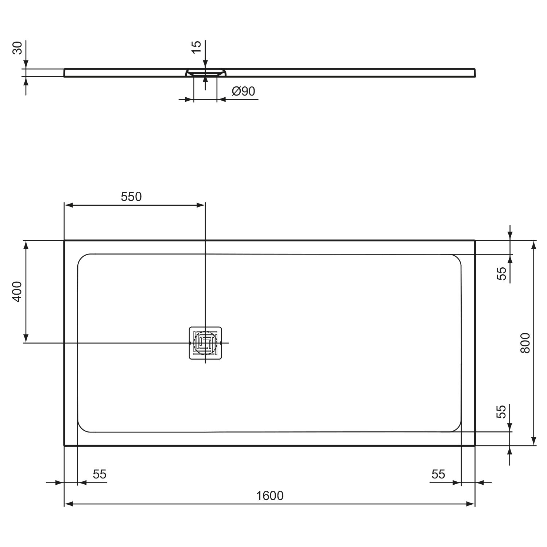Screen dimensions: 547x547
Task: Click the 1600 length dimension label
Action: (x=269, y=496)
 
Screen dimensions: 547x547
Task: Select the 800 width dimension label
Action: (x=525, y=343)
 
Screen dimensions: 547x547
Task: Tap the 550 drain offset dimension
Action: (x=131, y=197)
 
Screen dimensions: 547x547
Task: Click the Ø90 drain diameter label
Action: (x=243, y=91)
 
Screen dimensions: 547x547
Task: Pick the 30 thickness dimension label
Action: (x=18, y=48)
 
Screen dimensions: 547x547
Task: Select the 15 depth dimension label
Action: (x=196, y=47)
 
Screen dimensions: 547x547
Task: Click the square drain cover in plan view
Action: (x=206, y=343)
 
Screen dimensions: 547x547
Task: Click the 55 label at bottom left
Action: (x=100, y=474)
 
